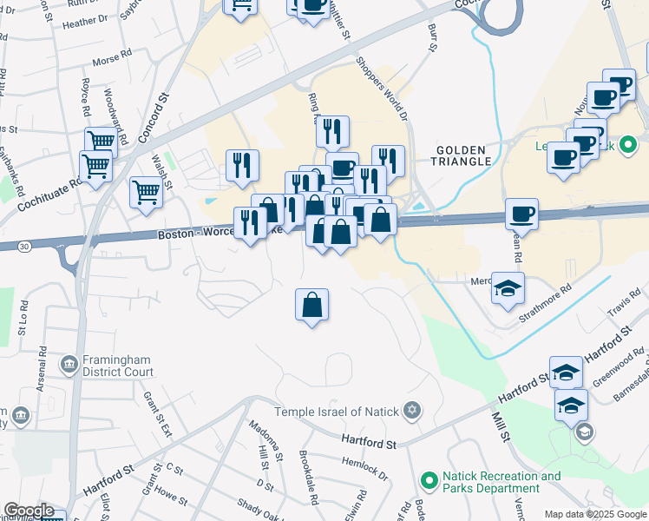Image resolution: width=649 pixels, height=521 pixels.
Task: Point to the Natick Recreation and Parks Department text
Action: pos(501,483)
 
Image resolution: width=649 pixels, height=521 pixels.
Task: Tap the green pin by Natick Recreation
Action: pos(428,479)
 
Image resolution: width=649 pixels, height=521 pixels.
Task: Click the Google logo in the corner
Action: pos(29,511)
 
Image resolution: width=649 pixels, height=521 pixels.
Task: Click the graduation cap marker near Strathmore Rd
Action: pos(508,287)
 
